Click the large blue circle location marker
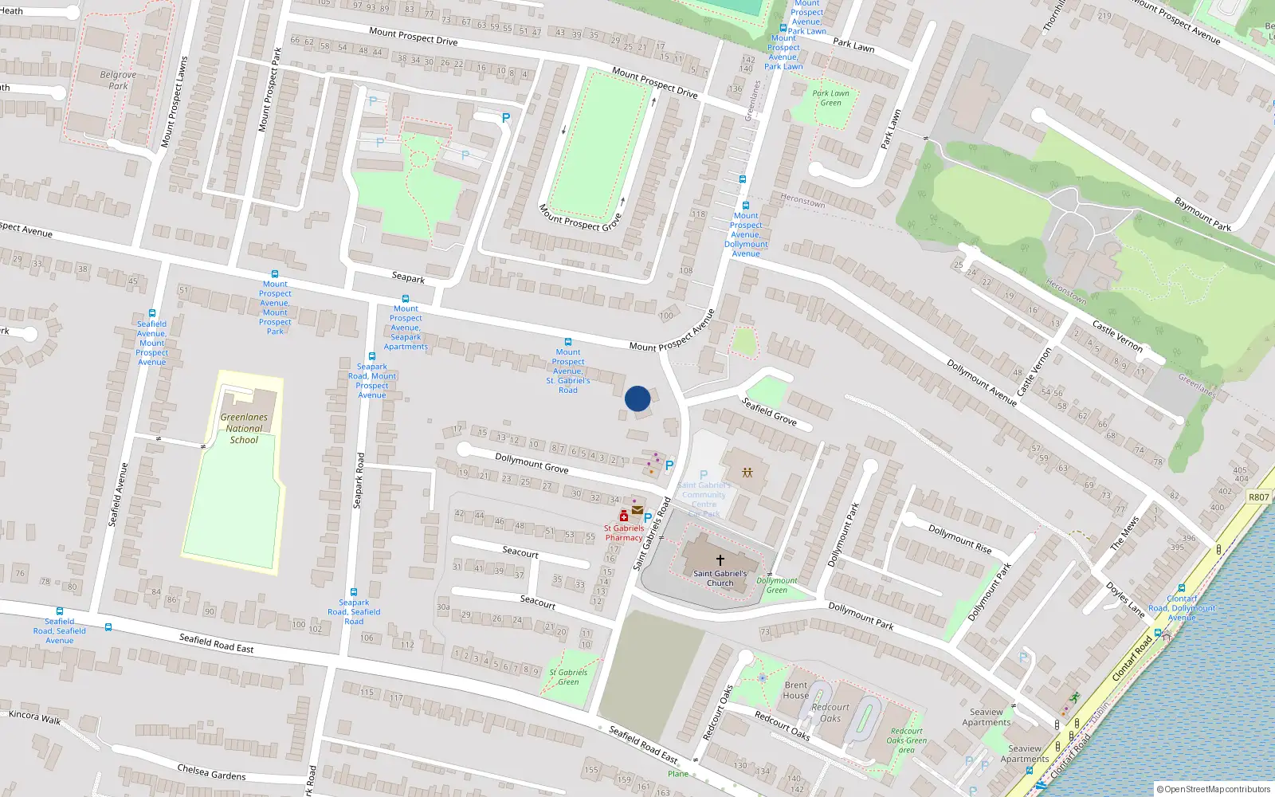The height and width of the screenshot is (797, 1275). (637, 398)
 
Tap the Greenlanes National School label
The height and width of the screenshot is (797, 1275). (244, 429)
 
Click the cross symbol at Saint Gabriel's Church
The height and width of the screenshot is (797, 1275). (720, 560)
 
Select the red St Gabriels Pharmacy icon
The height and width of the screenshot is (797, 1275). (624, 516)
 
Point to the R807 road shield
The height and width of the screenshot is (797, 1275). (1258, 497)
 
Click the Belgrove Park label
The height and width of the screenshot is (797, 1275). (118, 80)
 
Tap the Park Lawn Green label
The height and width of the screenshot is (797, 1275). (830, 98)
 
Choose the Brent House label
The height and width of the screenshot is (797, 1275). (795, 690)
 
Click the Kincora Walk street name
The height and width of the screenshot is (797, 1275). (34, 717)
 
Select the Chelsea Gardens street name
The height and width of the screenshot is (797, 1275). (211, 771)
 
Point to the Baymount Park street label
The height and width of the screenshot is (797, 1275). (1202, 214)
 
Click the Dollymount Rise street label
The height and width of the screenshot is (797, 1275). (959, 539)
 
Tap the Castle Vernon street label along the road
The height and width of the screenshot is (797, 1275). (1117, 336)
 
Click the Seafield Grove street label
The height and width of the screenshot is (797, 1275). (769, 411)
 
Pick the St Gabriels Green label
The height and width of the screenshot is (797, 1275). (568, 677)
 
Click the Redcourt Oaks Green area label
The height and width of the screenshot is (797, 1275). (906, 740)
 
